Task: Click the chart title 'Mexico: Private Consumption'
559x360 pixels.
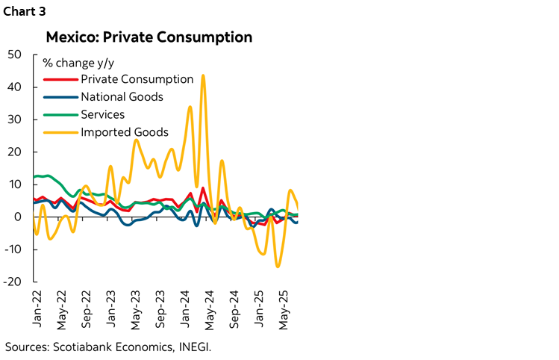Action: coord(149,37)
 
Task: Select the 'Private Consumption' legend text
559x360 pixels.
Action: coord(137,79)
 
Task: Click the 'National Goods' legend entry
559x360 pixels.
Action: coord(122,96)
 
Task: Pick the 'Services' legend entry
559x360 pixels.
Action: coord(102,114)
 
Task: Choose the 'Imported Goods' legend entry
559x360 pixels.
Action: coord(125,132)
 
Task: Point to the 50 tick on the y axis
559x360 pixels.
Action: coord(15,55)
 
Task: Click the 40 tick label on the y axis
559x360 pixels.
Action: coord(15,87)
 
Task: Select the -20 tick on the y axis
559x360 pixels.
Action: coord(13,282)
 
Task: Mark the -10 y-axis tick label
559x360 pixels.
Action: coord(13,249)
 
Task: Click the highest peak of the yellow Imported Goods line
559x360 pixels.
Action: coord(203,75)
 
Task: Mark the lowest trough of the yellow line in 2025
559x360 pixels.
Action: coord(278,266)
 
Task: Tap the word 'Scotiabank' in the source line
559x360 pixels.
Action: coord(83,347)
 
